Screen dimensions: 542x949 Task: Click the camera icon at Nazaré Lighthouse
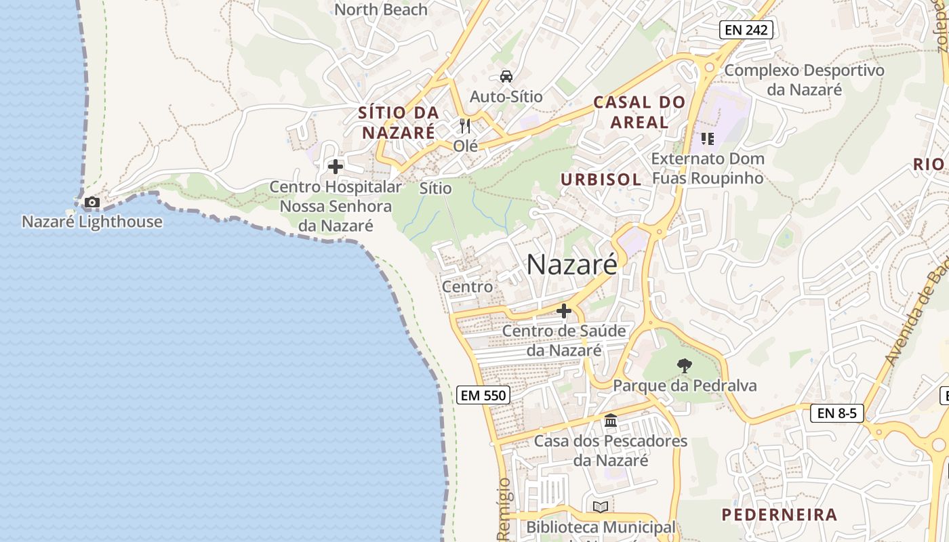[x=92, y=202]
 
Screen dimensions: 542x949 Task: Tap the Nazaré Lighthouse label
[x=92, y=222]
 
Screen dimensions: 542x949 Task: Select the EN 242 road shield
[x=746, y=30]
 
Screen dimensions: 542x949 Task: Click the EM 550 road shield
[x=483, y=395]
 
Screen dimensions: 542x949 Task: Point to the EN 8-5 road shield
[x=837, y=413]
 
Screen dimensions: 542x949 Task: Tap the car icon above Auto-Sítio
[x=506, y=76]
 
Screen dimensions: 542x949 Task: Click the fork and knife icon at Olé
[x=465, y=126]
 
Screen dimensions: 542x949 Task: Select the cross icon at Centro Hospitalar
[x=336, y=166]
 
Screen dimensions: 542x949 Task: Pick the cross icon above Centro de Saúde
[x=563, y=312]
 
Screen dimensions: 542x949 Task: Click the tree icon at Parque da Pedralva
[x=685, y=366]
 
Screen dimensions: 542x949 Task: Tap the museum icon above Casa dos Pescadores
[x=611, y=421]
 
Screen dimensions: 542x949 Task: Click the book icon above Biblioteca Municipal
[x=601, y=507]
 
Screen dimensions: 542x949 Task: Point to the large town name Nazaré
[x=571, y=264]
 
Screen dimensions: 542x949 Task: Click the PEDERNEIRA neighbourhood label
[x=780, y=514]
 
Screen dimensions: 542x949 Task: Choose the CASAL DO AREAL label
[x=639, y=112]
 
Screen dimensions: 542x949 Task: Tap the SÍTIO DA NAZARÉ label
[x=399, y=123]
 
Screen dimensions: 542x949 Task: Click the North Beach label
[x=381, y=9]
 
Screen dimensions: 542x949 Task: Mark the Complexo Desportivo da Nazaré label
[x=804, y=80]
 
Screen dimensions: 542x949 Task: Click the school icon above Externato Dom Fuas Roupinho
[x=708, y=139]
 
